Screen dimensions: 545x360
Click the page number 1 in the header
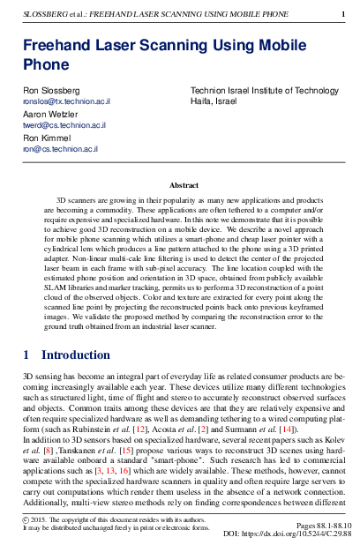pos(343,14)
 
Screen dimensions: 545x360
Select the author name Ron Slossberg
pos(51,91)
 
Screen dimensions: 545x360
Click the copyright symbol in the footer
pos(26,520)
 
